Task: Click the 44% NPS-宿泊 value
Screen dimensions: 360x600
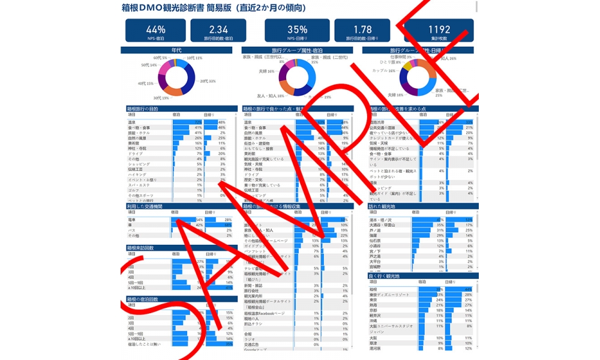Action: tap(155, 29)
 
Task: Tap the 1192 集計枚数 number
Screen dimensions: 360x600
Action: tap(439, 29)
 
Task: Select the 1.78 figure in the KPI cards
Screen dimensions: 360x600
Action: tap(362, 29)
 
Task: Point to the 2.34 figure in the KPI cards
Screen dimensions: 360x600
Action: tap(218, 29)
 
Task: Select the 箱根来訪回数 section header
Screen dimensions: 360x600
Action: tap(141, 247)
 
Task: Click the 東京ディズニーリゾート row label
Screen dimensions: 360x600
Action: tap(389, 295)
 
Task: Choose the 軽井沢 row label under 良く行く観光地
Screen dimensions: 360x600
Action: tap(376, 316)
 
